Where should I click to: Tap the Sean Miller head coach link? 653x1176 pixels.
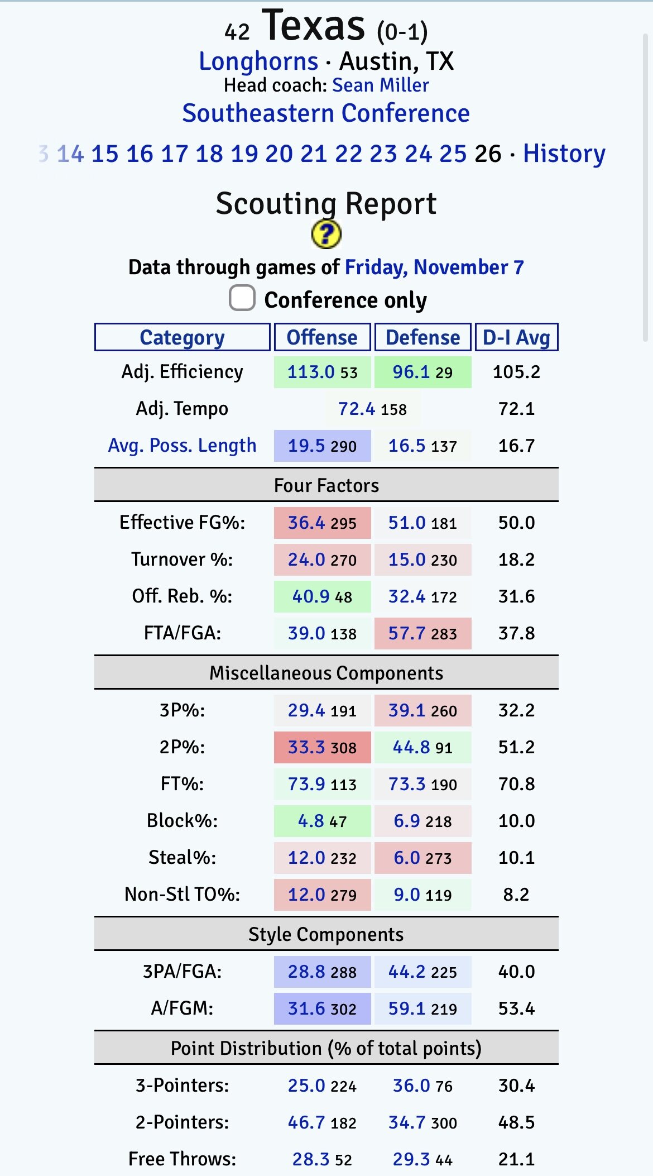[x=380, y=85]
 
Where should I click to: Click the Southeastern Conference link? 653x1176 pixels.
[x=326, y=113]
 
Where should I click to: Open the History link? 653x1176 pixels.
[x=564, y=154]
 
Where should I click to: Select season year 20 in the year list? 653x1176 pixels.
[x=279, y=154]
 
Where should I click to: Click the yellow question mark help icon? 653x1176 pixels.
[x=326, y=234]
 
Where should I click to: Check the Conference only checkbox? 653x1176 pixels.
[x=242, y=298]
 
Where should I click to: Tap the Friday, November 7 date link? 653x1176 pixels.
[x=434, y=267]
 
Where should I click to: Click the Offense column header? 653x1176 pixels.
[x=322, y=337]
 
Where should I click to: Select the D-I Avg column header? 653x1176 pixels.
[x=516, y=337]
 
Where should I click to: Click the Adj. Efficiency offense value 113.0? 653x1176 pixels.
[x=311, y=372]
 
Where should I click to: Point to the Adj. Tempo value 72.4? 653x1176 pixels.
[x=357, y=409]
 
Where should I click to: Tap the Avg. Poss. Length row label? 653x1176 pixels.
[x=182, y=446]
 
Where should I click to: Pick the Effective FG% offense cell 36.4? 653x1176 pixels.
[x=306, y=523]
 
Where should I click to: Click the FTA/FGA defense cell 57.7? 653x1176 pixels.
[x=407, y=633]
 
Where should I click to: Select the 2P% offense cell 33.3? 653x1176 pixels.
[x=306, y=747]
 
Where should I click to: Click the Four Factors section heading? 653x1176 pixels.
[x=326, y=485]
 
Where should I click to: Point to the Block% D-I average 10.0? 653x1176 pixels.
[x=516, y=821]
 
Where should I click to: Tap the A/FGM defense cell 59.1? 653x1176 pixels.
[x=407, y=1008]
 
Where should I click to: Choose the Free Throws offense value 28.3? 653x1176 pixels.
[x=311, y=1159]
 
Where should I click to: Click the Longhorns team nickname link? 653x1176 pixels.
[x=258, y=61]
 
